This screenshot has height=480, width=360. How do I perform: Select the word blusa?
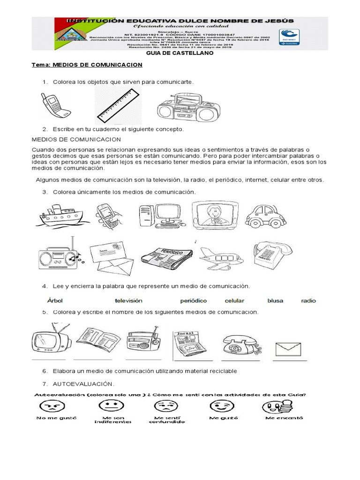tap(275, 300)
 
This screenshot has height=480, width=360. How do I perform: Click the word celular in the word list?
tap(234, 300)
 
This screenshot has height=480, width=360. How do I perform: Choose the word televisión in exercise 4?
tap(128, 300)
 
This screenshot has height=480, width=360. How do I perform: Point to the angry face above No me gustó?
tap(56, 406)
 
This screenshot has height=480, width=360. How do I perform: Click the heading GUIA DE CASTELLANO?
tap(180, 53)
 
